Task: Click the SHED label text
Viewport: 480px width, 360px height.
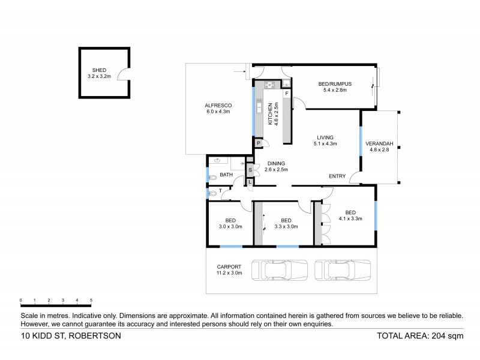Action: click(100, 73)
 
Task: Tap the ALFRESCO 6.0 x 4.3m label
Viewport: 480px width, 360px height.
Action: click(218, 109)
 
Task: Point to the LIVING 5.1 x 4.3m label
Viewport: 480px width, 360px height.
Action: click(325, 140)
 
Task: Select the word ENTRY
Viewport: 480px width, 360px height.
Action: click(337, 176)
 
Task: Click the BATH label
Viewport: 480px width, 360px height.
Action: click(226, 175)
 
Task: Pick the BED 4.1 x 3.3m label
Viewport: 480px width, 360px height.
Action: click(350, 215)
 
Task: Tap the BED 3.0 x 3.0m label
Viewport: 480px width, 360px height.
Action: click(230, 223)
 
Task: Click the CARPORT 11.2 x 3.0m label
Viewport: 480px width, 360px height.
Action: click(229, 269)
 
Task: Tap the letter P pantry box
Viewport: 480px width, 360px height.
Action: click(258, 143)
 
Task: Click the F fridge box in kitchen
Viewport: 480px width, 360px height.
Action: click(287, 94)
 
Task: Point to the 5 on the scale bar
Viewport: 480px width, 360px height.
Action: click(91, 300)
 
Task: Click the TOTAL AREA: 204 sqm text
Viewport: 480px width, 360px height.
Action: click(420, 336)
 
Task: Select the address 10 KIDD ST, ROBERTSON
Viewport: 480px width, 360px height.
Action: click(71, 336)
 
